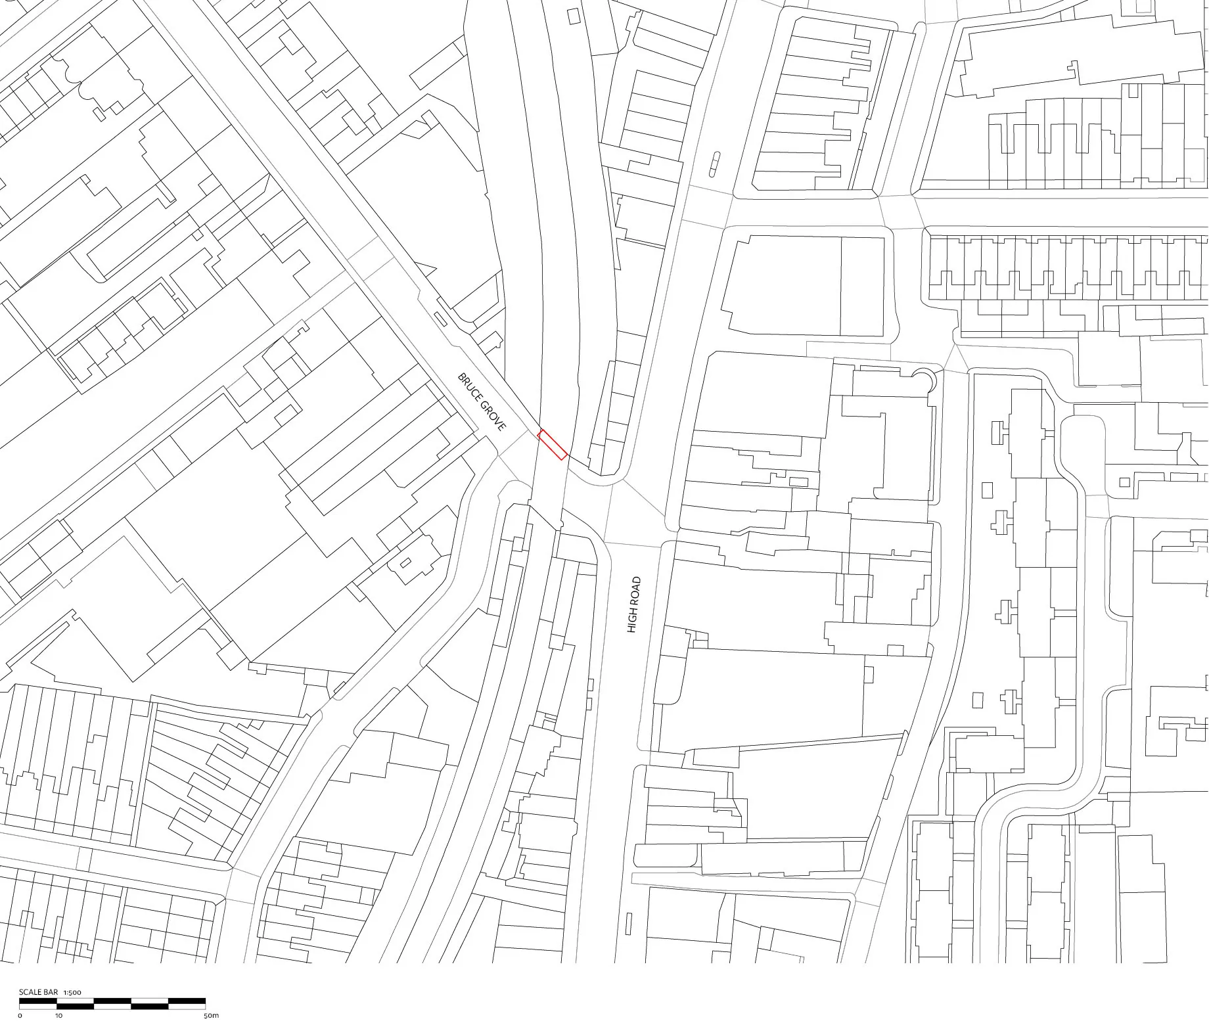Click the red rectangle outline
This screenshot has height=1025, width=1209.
tap(553, 445)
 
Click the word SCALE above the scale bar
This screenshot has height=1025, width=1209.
tap(29, 992)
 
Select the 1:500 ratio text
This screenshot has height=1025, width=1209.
tap(72, 992)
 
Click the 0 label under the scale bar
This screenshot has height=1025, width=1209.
tap(20, 1016)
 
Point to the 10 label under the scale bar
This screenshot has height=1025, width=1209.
tap(58, 1016)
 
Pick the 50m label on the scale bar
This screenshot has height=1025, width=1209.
tap(211, 1016)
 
